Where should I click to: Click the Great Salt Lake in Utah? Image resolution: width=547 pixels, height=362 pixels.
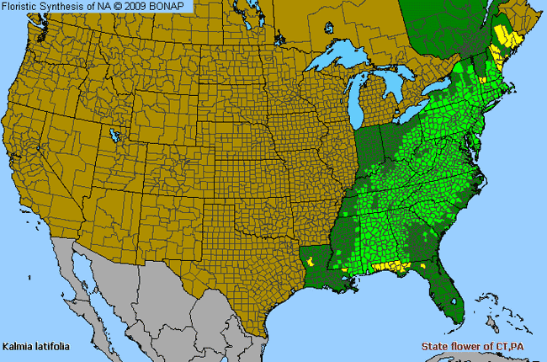pyautogui.click(x=113, y=135)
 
